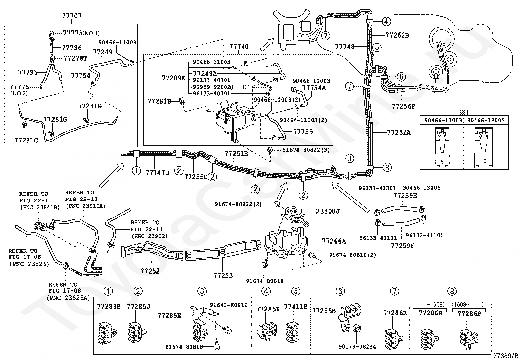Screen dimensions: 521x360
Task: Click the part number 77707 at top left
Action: [72, 16]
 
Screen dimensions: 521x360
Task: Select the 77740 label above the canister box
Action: [239, 47]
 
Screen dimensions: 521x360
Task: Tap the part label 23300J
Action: [328, 211]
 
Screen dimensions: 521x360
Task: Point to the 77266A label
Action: [334, 241]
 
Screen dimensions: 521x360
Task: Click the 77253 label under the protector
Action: [223, 276]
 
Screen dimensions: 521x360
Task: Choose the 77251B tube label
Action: [236, 154]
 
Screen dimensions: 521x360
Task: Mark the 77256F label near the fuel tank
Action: [403, 106]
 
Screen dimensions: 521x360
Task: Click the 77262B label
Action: [397, 35]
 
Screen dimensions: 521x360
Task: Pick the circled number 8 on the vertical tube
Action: [387, 167]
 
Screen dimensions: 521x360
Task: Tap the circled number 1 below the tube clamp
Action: [136, 171]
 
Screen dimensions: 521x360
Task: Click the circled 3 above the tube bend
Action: [350, 159]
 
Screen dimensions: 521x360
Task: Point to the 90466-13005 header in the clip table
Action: [486, 120]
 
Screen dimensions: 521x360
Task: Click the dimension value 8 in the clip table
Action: [442, 161]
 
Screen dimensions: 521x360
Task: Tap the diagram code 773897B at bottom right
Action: [506, 356]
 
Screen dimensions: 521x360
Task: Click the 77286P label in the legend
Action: [469, 314]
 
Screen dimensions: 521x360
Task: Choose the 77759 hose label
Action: [303, 132]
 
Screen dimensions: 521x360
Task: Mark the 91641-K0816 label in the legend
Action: [229, 305]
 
